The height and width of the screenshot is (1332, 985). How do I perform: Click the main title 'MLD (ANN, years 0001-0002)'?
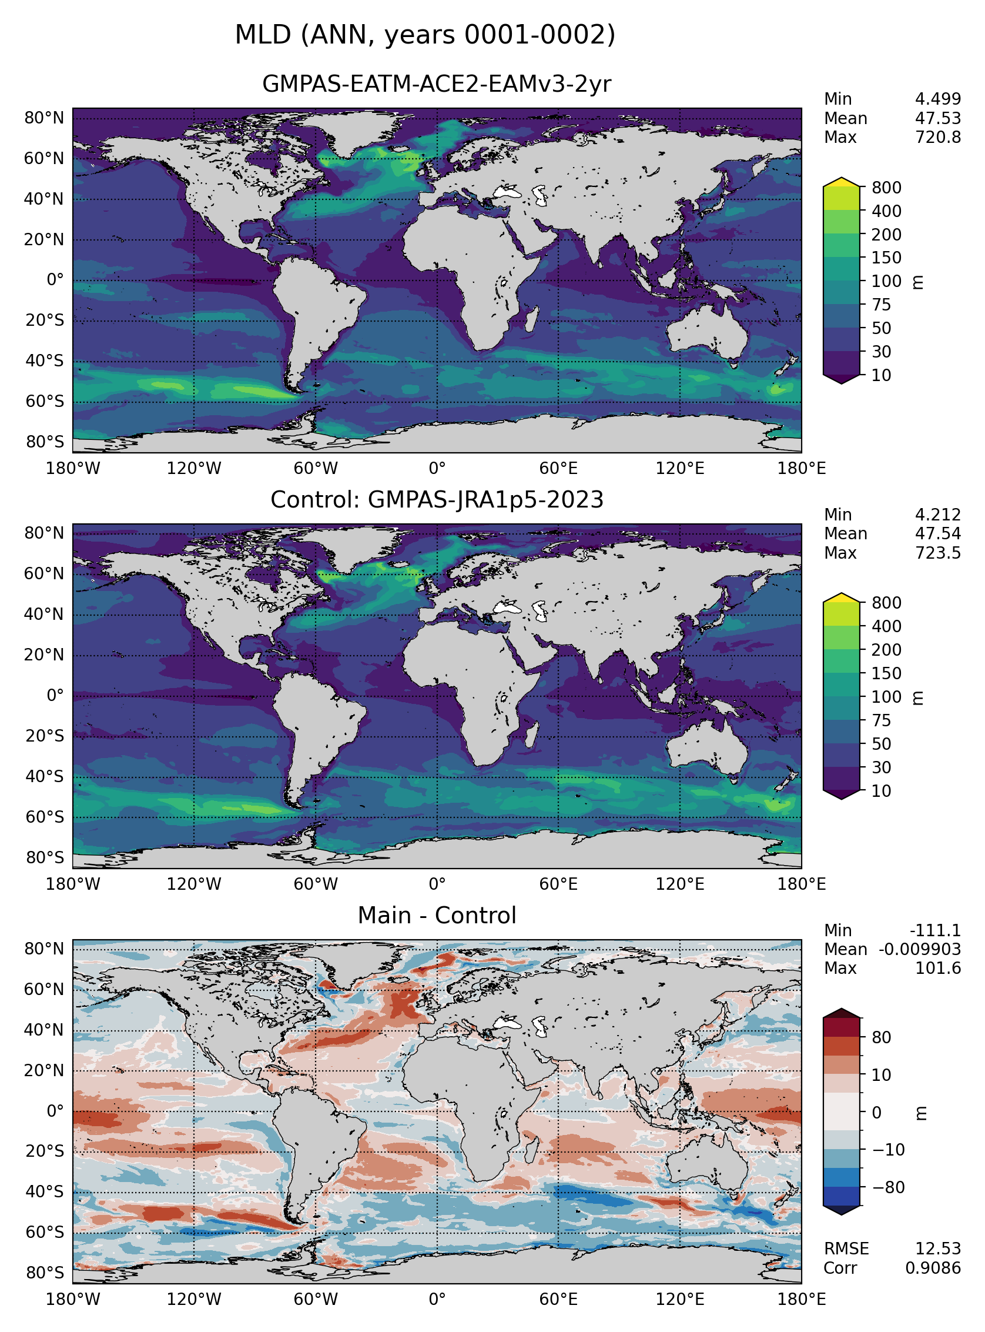pyautogui.click(x=424, y=35)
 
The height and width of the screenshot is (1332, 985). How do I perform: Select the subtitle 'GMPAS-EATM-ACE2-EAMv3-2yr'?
pyautogui.click(x=437, y=84)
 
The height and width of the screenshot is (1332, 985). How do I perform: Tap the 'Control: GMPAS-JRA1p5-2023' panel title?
pyautogui.click(x=437, y=499)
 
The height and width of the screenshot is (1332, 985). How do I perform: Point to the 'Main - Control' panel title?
pyautogui.click(x=437, y=915)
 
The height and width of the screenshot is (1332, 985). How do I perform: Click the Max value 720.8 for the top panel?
pyautogui.click(x=938, y=137)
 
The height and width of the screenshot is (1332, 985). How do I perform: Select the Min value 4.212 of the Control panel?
pyautogui.click(x=938, y=514)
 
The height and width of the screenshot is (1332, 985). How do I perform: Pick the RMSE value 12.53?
pyautogui.click(x=938, y=1248)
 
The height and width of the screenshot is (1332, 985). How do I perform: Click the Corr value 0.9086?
pyautogui.click(x=933, y=1267)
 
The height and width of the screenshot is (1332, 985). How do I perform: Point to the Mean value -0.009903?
pyautogui.click(x=919, y=949)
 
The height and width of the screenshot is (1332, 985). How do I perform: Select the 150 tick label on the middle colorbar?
pyautogui.click(x=886, y=673)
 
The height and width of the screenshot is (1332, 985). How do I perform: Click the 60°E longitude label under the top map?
pyautogui.click(x=558, y=468)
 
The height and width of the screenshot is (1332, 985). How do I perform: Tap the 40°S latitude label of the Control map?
pyautogui.click(x=43, y=776)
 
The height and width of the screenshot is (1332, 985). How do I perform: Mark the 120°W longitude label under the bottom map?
pyautogui.click(x=194, y=1299)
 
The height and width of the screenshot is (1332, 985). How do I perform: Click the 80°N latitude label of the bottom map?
pyautogui.click(x=43, y=949)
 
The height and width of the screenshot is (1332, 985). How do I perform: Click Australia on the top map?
pyautogui.click(x=707, y=331)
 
